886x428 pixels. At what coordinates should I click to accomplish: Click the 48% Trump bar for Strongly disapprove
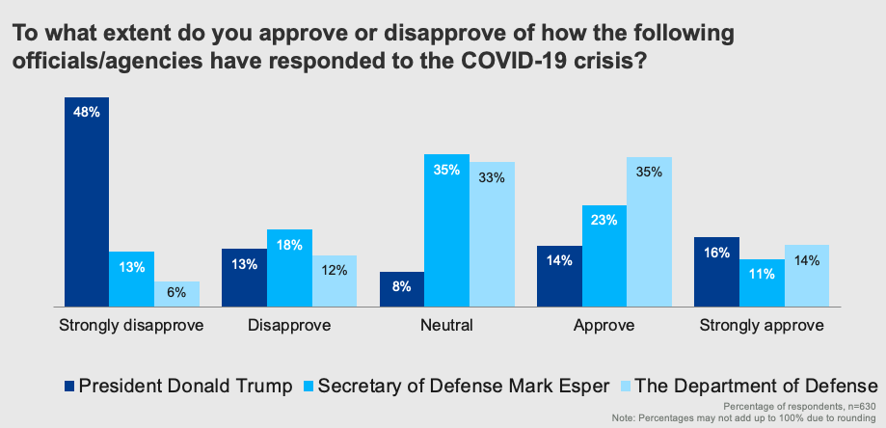click(x=87, y=201)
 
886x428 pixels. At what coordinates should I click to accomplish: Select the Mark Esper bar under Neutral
click(x=446, y=230)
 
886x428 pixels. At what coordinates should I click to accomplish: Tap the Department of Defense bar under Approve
click(x=649, y=231)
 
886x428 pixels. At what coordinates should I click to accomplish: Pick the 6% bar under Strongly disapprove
click(x=176, y=294)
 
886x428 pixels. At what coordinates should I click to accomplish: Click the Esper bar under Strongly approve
click(x=761, y=282)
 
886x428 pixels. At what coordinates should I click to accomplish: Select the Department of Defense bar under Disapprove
click(x=334, y=281)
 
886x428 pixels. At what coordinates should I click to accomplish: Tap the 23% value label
click(x=604, y=220)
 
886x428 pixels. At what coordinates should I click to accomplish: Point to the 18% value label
click(x=289, y=245)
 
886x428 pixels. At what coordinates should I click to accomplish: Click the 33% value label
click(x=492, y=177)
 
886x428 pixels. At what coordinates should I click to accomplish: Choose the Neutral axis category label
click(x=446, y=325)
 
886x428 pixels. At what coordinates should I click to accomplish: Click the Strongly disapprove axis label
click(x=131, y=325)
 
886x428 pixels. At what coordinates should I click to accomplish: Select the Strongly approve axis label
click(x=761, y=325)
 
